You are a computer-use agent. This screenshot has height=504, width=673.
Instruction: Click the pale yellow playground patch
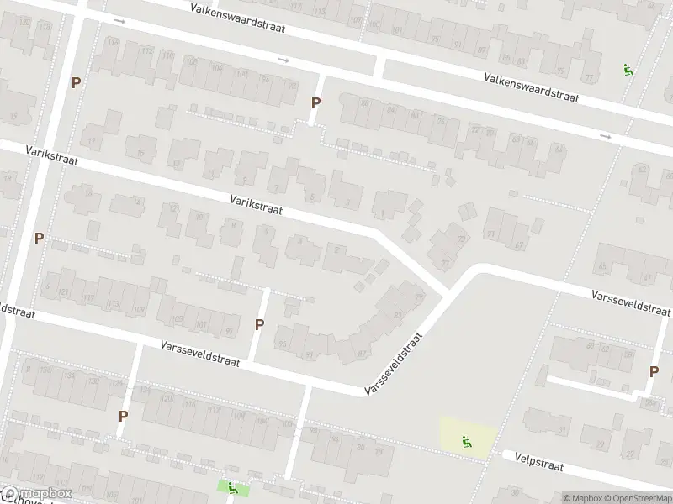(x=468, y=438)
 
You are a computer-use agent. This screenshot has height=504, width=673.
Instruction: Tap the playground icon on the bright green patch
(x=233, y=487)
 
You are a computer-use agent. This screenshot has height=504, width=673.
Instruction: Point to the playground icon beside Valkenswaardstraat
(x=627, y=70)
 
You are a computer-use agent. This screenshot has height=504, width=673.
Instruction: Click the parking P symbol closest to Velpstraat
(x=654, y=372)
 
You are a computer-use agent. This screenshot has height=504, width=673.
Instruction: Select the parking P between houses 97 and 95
(x=259, y=324)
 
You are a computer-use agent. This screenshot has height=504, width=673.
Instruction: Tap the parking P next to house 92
(x=315, y=103)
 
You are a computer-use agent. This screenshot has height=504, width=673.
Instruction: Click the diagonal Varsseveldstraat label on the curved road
(x=393, y=363)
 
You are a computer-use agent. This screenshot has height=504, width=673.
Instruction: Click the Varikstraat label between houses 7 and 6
(x=256, y=205)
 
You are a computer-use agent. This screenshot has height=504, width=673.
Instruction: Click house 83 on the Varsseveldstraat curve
(x=397, y=316)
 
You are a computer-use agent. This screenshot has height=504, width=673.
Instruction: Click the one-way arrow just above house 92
(x=284, y=60)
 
